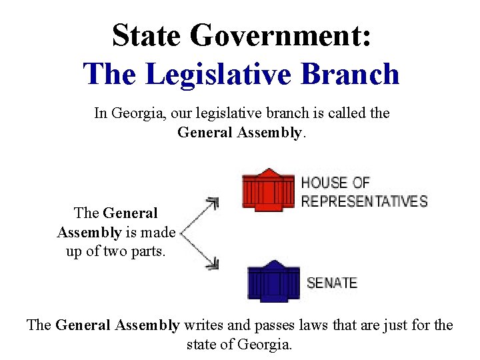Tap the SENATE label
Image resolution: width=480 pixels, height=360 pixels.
tap(332, 283)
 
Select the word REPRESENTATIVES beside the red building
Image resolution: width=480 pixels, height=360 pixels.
tap(364, 201)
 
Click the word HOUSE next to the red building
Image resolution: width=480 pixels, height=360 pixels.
tap(325, 183)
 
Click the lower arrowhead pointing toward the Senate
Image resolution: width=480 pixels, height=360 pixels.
tap(213, 265)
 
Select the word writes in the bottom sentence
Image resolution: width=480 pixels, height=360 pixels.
tap(203, 325)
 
